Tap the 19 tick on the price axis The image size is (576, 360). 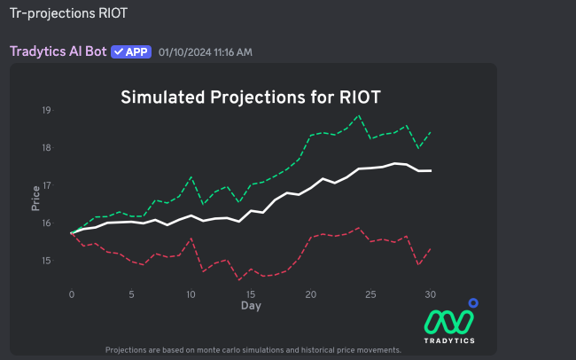coord(46,110)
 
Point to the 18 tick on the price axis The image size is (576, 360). coord(46,147)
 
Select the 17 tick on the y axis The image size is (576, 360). coord(46,185)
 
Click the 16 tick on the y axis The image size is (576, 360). coord(46,223)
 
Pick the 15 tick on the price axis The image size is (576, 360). coord(46,261)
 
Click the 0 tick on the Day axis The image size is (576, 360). coord(72,293)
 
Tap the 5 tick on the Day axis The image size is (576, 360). coord(131,293)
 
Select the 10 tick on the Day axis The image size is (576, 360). coord(191,293)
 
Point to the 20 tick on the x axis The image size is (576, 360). coord(310,293)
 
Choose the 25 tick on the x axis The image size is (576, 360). coord(370,293)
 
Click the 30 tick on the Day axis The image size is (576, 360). coord(430,293)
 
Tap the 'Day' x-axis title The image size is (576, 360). coord(251,306)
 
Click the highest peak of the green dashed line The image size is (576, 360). coord(358,115)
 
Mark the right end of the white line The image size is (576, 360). coord(431,170)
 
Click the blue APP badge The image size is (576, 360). coord(130,51)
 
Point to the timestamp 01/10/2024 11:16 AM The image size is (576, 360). coord(205,52)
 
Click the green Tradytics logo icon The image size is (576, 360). coord(449,319)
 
